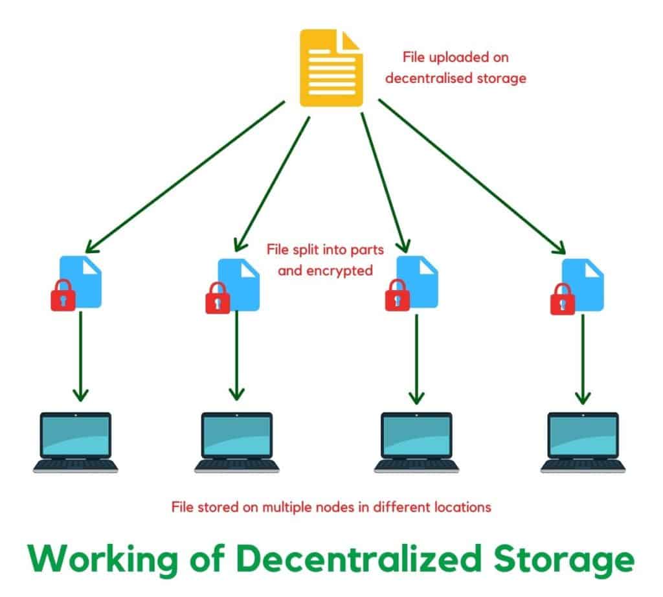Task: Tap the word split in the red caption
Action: click(x=304, y=249)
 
